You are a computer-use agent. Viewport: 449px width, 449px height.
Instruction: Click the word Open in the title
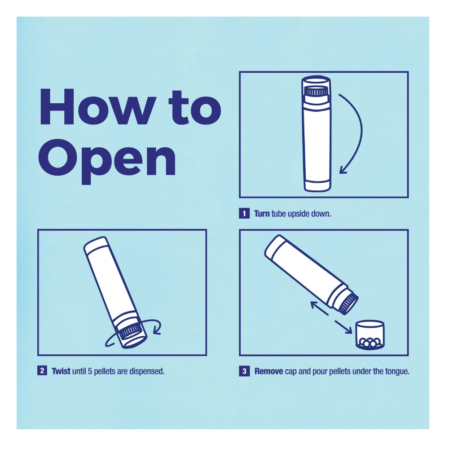(x=107, y=161)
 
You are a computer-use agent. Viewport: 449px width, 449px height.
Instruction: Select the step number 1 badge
(x=244, y=214)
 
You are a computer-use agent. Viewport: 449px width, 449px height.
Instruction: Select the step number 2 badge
(x=42, y=370)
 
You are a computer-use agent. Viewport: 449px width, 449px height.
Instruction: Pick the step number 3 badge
(x=244, y=371)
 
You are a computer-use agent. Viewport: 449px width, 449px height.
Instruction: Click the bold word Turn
(x=262, y=214)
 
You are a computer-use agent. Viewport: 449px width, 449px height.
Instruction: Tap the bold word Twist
(x=61, y=371)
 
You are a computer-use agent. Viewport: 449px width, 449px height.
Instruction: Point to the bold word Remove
(x=269, y=371)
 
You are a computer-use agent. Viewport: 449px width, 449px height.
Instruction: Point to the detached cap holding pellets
(x=370, y=335)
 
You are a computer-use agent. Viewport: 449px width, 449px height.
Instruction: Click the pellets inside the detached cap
(x=370, y=342)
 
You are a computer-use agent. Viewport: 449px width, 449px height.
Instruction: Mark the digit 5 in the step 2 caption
(x=90, y=371)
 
